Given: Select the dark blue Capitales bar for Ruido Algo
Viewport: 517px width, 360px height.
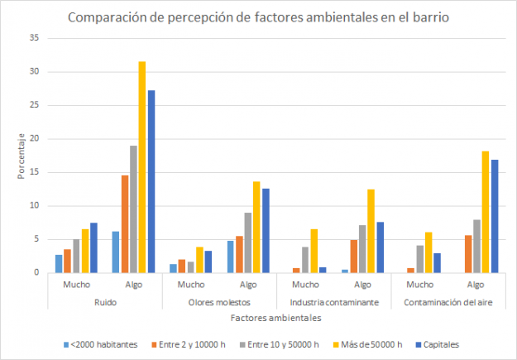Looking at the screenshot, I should coord(151,181).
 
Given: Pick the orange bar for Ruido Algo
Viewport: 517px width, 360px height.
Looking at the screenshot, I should coord(124,223).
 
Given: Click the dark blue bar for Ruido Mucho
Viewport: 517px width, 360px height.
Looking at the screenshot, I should coord(93,247).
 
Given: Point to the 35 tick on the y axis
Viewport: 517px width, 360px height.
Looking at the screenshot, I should coord(33,38).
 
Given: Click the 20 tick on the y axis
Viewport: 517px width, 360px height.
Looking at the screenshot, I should coord(33,138).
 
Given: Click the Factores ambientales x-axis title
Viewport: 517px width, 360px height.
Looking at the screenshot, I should coord(275,316).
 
